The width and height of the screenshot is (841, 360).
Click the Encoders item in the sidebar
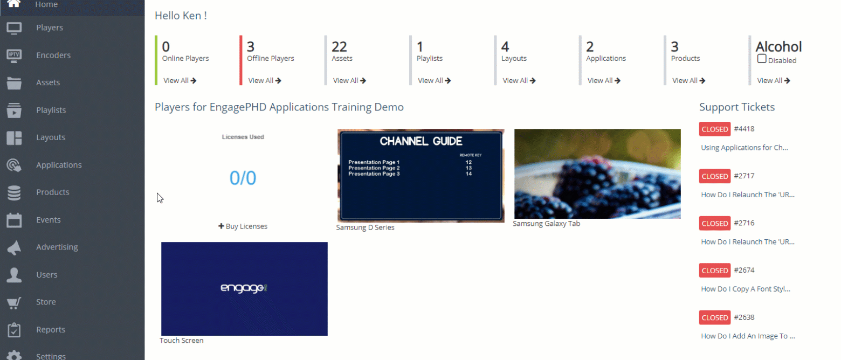(53, 55)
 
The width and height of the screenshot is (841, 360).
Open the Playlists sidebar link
(51, 110)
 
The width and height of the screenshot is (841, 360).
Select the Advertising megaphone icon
(14, 247)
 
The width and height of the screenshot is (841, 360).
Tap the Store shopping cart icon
(14, 302)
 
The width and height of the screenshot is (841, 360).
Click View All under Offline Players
(264, 80)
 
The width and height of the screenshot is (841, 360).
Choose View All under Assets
(349, 80)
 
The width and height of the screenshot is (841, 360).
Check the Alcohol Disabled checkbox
(762, 59)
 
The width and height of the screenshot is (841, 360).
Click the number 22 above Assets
(339, 47)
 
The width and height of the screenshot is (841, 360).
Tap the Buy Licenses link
(243, 226)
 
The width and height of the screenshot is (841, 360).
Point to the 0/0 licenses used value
(243, 177)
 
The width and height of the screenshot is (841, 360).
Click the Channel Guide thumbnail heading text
(421, 141)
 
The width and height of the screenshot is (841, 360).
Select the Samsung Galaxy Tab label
(546, 223)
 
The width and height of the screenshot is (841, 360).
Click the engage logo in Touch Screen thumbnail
(244, 288)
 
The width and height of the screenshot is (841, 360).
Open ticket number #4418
(744, 129)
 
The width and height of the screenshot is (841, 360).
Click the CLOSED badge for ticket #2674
(715, 271)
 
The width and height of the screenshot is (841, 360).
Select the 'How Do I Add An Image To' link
(748, 336)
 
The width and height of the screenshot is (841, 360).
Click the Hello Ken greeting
(181, 16)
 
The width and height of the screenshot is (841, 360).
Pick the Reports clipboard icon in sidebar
(14, 330)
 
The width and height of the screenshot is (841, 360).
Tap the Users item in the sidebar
(46, 275)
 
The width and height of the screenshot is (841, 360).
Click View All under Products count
(688, 80)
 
